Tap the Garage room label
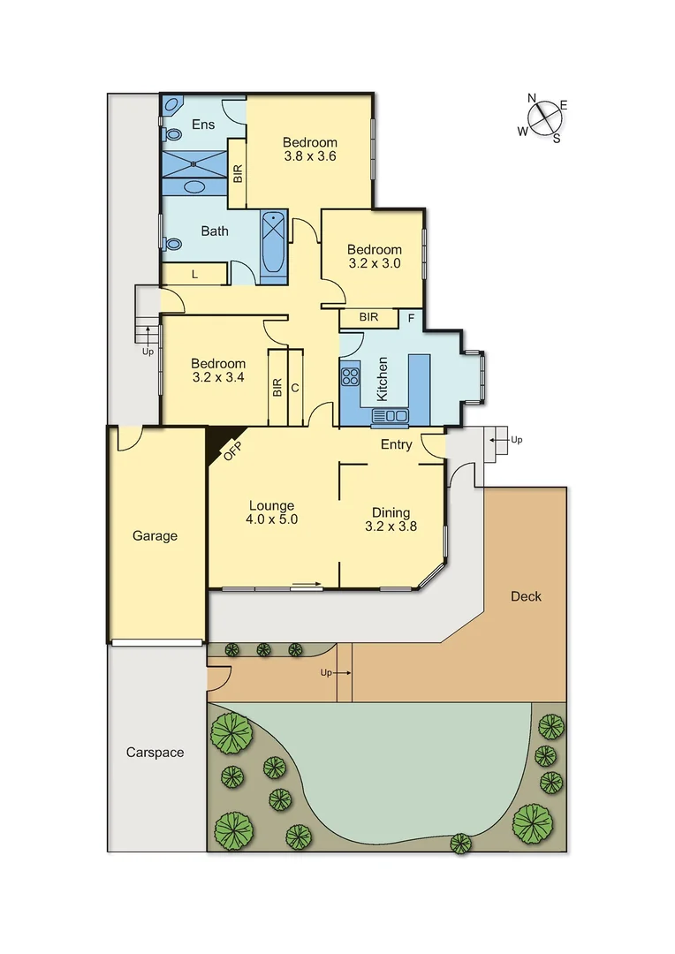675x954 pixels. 155,535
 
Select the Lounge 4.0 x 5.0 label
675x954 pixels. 271,513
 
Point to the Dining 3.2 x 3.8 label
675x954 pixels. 391,519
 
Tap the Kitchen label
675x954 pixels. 383,380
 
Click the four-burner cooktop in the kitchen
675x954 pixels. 350,377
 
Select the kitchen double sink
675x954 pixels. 391,415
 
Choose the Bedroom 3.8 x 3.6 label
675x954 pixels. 309,149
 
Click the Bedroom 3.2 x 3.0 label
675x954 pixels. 374,256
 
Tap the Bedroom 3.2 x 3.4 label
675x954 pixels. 218,370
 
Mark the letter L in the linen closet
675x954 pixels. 194,276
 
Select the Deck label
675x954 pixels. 526,596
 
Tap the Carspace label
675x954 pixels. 155,753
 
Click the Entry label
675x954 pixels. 396,444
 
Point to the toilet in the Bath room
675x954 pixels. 172,244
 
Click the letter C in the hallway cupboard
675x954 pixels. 294,387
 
